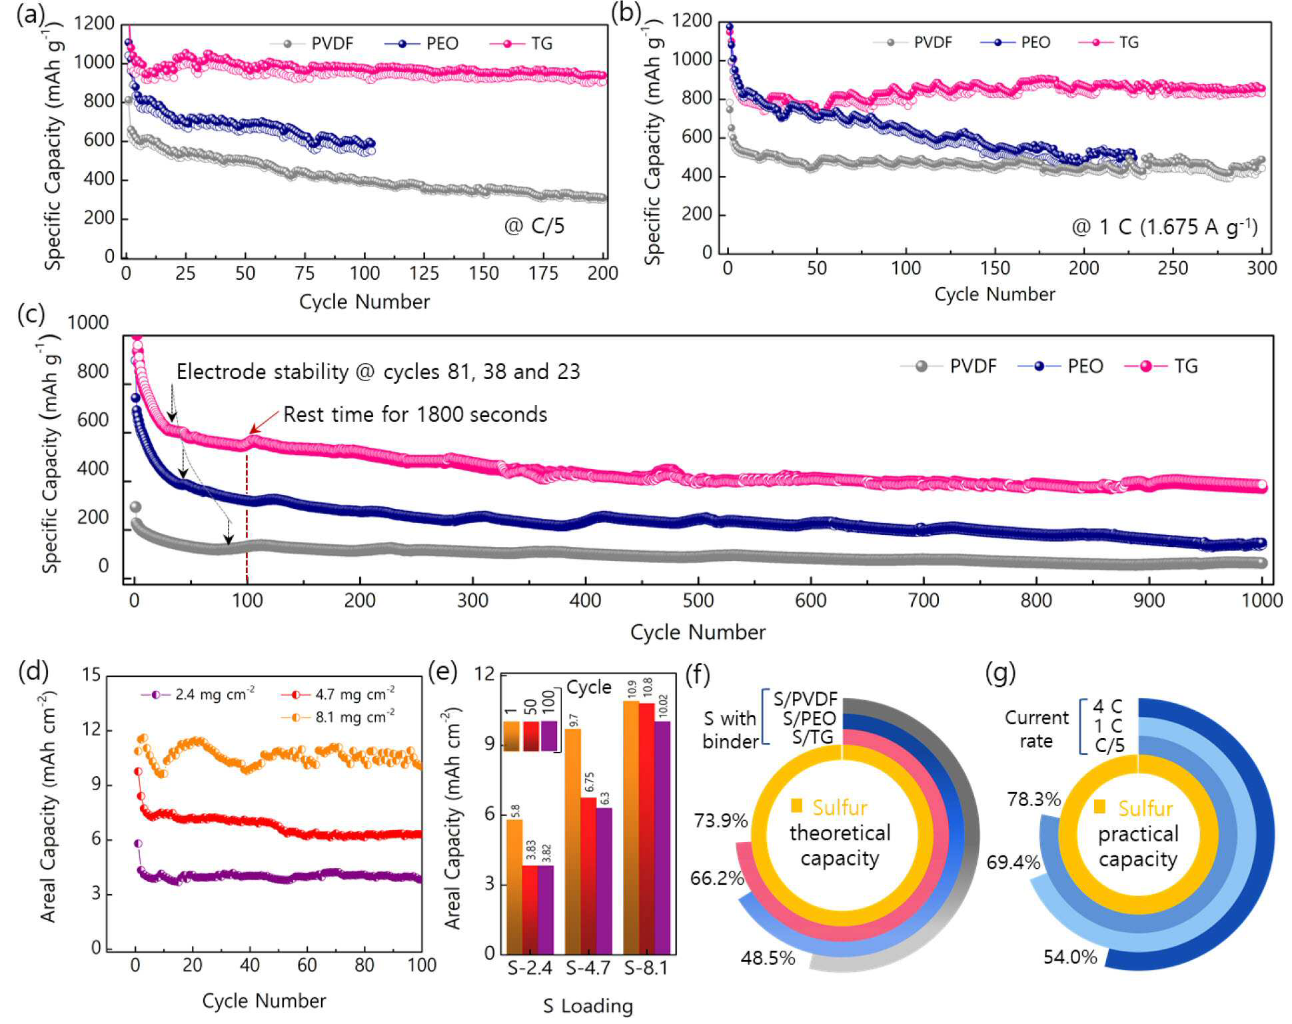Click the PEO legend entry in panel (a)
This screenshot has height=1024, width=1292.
(422, 44)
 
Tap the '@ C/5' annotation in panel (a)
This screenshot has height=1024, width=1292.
(534, 227)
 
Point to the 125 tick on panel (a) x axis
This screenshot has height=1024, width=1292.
(424, 273)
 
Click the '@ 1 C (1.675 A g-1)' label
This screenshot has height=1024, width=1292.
(1165, 227)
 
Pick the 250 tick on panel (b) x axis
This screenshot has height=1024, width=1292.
(1173, 268)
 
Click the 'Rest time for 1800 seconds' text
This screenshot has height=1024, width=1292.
(415, 414)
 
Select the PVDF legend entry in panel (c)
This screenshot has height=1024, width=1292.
(949, 366)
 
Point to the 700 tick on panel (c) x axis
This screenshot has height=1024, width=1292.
(924, 601)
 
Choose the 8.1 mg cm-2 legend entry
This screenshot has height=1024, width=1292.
(338, 717)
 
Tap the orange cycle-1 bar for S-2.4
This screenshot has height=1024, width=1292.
(514, 886)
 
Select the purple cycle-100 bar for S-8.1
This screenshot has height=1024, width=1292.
(662, 837)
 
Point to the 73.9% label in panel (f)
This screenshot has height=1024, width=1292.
(721, 821)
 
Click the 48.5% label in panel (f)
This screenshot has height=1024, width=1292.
(768, 958)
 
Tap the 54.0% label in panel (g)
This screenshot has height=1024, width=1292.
(1070, 957)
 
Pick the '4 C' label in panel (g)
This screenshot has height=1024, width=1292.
(1107, 706)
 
